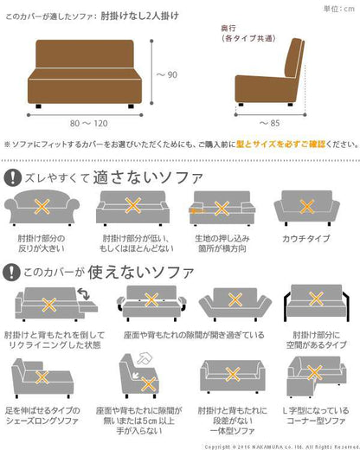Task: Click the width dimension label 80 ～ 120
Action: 89,124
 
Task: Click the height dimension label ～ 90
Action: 167,74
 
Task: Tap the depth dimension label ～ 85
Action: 270,123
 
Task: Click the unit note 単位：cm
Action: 339,9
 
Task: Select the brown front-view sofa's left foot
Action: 39,106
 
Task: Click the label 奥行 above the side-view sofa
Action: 228,29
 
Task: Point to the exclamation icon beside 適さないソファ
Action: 13,177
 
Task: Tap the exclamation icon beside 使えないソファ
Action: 11,272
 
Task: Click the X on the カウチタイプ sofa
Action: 307,206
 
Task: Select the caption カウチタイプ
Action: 305,239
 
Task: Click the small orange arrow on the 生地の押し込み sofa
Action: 196,210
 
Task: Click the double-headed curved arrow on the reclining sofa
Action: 84,293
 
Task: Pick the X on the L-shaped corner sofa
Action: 314,372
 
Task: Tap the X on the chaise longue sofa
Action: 42,377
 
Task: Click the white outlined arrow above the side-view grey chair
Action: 145,359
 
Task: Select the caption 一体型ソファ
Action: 233,431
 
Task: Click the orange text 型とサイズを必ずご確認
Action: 280,144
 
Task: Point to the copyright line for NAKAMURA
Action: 282,447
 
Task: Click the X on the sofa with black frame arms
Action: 316,299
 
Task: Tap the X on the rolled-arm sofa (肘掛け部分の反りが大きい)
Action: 42,207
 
